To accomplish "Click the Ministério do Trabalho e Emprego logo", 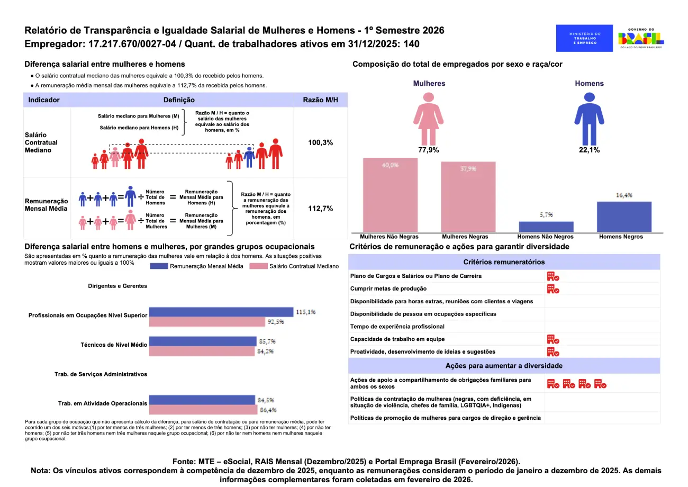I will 584,38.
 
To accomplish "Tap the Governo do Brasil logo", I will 641,39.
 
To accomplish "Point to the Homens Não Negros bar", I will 546,226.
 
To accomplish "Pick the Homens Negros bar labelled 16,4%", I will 624,215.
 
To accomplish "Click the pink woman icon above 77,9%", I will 429,117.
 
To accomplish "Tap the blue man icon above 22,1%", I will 589,117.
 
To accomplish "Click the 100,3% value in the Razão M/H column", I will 320,143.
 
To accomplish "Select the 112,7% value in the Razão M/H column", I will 320,209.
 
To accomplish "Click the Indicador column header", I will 44,100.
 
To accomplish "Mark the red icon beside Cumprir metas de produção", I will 553,288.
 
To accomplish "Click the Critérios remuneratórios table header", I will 504,262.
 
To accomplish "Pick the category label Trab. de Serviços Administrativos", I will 101,374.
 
